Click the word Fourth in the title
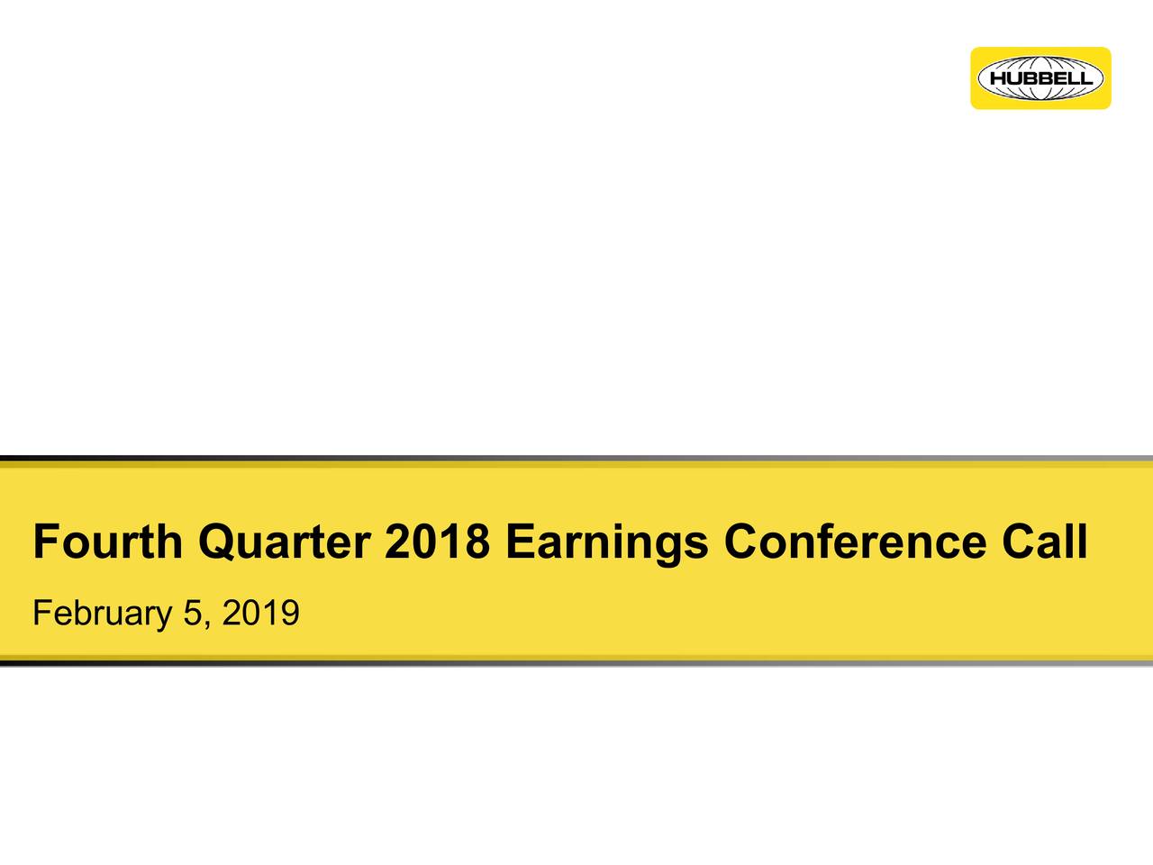(107, 542)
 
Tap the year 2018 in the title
(438, 542)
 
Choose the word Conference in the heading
(854, 542)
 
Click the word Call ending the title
(1044, 542)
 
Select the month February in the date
(102, 615)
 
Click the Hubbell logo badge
(1040, 78)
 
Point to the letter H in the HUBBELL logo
(998, 78)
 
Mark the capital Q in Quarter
(216, 542)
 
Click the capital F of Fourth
(44, 542)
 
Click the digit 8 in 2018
(478, 542)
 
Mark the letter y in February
(163, 619)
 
